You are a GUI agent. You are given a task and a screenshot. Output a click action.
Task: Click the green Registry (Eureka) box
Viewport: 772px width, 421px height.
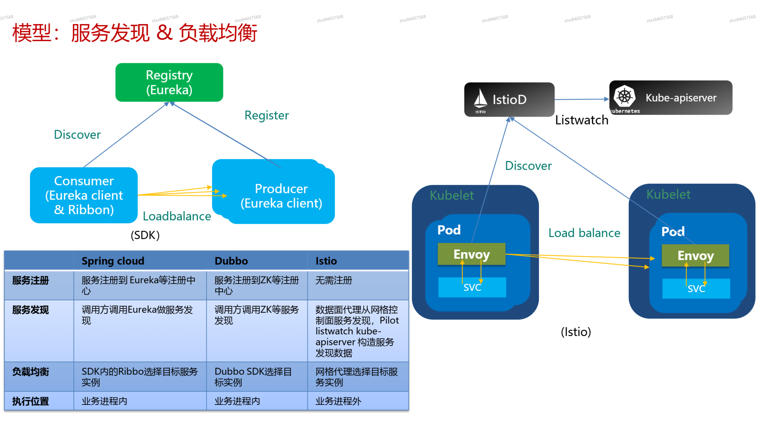tap(169, 82)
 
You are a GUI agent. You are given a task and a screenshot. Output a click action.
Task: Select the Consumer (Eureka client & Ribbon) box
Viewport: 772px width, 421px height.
tap(84, 195)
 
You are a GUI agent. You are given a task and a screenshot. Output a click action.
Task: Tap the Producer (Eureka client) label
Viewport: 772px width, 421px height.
tap(281, 196)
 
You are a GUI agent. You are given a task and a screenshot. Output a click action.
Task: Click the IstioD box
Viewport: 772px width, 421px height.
tap(509, 99)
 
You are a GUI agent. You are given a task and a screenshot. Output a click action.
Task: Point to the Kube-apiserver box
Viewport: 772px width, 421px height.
tap(671, 98)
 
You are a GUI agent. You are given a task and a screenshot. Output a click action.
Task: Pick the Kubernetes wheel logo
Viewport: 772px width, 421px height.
tap(625, 96)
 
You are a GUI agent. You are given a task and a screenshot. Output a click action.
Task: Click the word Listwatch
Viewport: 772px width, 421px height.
tap(582, 120)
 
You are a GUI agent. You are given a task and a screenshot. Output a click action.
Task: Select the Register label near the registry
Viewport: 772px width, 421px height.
tap(266, 115)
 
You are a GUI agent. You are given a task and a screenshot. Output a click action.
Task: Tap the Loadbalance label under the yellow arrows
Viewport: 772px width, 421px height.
tap(177, 216)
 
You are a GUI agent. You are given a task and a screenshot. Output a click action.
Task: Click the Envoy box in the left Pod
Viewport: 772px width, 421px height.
tap(472, 254)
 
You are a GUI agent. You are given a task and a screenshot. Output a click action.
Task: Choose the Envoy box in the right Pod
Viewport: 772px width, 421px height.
tap(695, 256)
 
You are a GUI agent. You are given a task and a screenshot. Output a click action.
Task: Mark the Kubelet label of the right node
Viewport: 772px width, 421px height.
tap(668, 194)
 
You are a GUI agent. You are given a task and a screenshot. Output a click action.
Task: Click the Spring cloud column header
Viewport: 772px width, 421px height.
tap(113, 261)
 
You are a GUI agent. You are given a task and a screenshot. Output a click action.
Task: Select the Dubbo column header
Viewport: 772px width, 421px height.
tap(231, 261)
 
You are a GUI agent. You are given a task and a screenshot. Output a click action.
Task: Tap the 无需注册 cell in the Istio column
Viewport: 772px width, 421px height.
tap(333, 280)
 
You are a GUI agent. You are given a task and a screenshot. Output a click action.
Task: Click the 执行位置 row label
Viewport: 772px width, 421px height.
tap(30, 401)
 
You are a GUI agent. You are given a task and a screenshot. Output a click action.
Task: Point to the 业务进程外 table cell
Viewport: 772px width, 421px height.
tap(338, 401)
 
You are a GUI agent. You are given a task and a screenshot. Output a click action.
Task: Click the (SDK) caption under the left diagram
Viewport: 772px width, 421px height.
tap(145, 235)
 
